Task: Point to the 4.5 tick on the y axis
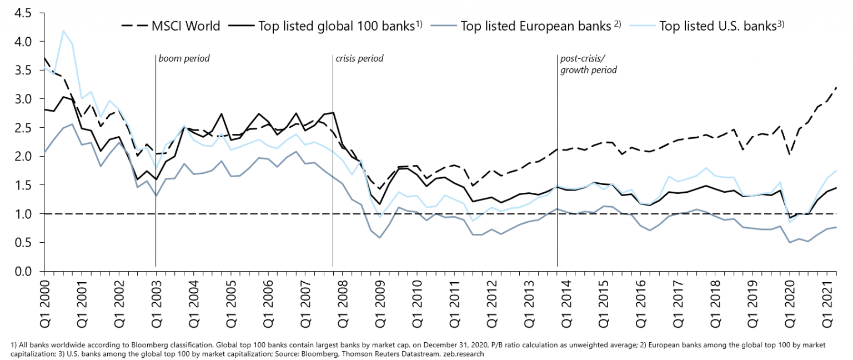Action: click(24, 13)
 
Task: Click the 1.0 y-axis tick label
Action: click(24, 214)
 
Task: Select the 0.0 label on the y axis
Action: click(24, 271)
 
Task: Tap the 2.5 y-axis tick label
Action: click(24, 128)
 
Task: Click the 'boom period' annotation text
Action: click(184, 58)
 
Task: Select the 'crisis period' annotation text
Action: click(359, 58)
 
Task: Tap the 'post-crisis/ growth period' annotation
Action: click(589, 64)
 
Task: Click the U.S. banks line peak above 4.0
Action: click(63, 31)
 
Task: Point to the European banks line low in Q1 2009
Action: click(380, 238)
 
